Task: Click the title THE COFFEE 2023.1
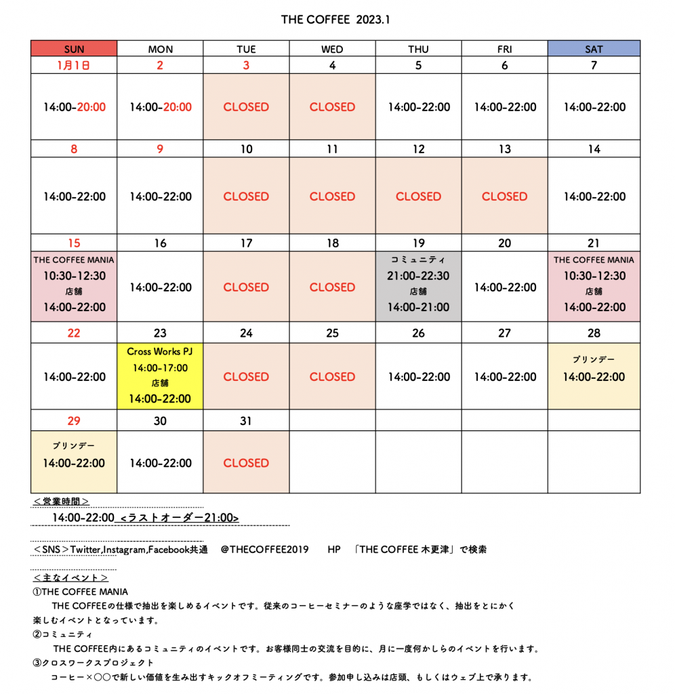click(x=335, y=20)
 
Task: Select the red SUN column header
click(x=74, y=49)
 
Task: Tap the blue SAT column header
click(x=594, y=49)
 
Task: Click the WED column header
click(x=332, y=49)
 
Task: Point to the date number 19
click(x=418, y=243)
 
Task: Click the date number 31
click(x=246, y=421)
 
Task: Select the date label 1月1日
click(x=74, y=66)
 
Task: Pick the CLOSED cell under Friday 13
click(x=504, y=197)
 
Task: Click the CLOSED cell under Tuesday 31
click(x=246, y=463)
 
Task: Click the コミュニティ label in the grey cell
click(x=418, y=260)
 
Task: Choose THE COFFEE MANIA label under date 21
click(x=594, y=260)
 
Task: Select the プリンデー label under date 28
click(x=594, y=359)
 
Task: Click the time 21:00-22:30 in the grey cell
click(x=418, y=276)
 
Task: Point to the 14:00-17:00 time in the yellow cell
click(x=160, y=368)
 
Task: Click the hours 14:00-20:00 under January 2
click(x=160, y=107)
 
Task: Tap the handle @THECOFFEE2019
click(x=264, y=550)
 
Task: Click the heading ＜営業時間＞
click(x=62, y=502)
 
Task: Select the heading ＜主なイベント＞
click(x=70, y=578)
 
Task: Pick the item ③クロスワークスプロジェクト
click(x=94, y=663)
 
